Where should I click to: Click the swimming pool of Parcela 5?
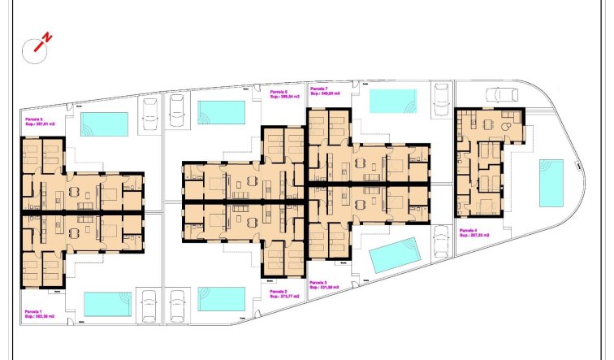click(x=104, y=124)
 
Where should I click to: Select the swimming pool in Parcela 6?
click(x=221, y=111)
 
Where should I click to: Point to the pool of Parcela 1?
click(x=107, y=304)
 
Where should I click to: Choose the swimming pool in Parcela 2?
click(x=221, y=298)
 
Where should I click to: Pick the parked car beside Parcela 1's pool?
click(x=149, y=305)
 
